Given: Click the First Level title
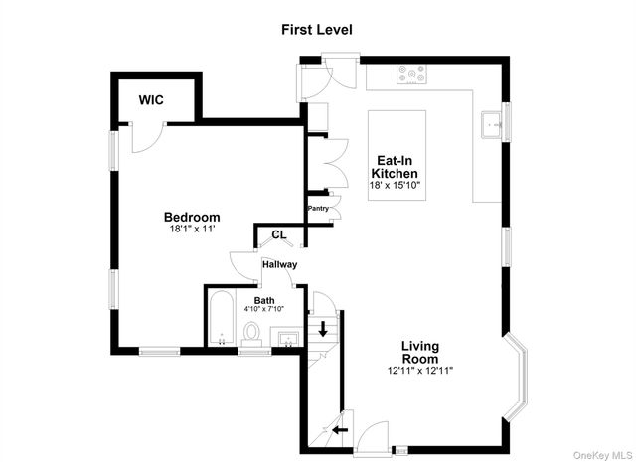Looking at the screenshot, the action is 317,30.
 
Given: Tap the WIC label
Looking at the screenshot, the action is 151,100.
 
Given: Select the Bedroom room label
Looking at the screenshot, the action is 192,217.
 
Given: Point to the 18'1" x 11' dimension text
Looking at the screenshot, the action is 192,229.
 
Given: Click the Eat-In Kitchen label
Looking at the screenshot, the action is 395,167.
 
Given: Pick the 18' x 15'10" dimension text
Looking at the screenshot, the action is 395,186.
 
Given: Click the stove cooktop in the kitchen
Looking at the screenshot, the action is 411,75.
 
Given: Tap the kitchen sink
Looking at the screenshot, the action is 492,125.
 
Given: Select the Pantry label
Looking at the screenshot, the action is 318,209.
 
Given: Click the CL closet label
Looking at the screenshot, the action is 279,234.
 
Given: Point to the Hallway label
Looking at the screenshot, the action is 280,265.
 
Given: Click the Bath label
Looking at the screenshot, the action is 264,301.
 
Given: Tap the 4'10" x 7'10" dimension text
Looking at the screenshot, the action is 264,309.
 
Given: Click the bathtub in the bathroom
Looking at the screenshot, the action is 222,318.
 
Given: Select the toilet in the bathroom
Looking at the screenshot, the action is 251,334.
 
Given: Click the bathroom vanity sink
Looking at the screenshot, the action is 288,338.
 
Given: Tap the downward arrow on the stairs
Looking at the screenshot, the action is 323,329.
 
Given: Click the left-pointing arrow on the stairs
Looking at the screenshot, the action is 340,429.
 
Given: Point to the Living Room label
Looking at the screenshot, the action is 420,353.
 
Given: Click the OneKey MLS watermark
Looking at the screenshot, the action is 602,455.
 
